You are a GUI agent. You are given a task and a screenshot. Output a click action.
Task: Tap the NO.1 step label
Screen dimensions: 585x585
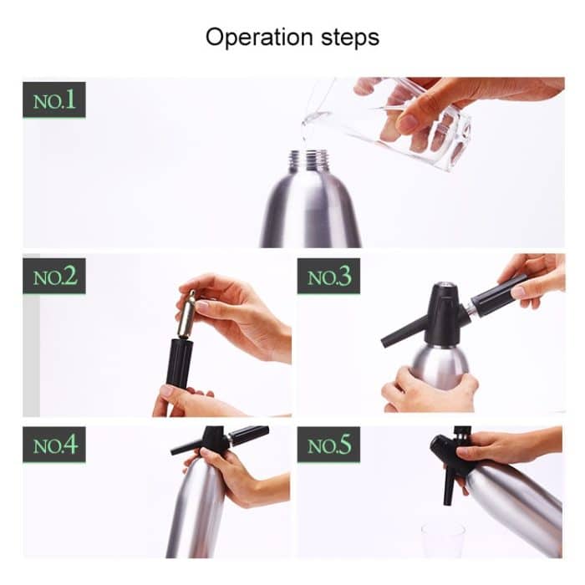pyautogui.click(x=54, y=100)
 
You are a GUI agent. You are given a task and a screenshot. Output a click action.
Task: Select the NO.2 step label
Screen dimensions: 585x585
pyautogui.click(x=54, y=277)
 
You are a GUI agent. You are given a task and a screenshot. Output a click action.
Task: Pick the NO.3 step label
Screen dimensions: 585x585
pyautogui.click(x=328, y=277)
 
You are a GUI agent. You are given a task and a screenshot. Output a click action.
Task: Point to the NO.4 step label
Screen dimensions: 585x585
pyautogui.click(x=54, y=445)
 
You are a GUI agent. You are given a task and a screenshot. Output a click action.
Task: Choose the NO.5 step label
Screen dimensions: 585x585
pyautogui.click(x=328, y=445)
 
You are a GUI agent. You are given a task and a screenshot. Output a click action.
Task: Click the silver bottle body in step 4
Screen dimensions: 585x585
pyautogui.click(x=196, y=510)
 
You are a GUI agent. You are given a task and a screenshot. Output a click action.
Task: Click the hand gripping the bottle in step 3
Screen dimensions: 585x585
pyautogui.click(x=426, y=389)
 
